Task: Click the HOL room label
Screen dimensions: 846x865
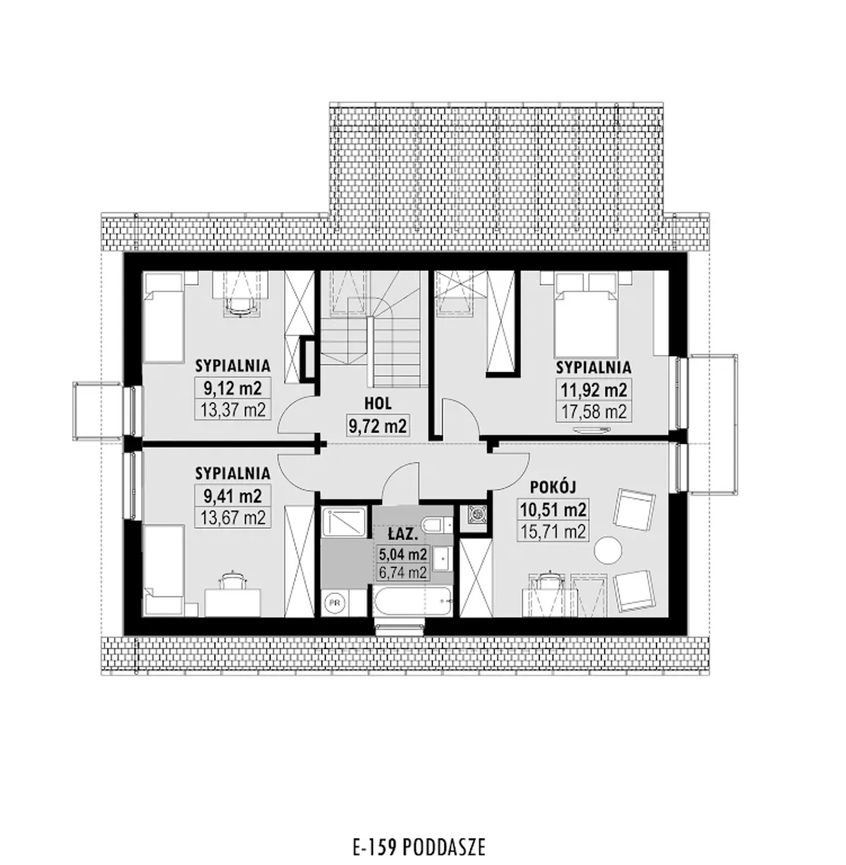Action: pyautogui.click(x=378, y=404)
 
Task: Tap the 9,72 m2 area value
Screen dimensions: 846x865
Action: pyautogui.click(x=378, y=426)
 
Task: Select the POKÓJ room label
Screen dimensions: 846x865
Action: pyautogui.click(x=553, y=487)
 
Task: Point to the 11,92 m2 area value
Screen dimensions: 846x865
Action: pyautogui.click(x=594, y=390)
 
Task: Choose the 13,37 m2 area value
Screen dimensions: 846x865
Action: pyautogui.click(x=233, y=410)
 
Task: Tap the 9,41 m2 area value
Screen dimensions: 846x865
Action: pyautogui.click(x=233, y=496)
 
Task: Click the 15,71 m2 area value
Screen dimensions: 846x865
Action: pyautogui.click(x=553, y=531)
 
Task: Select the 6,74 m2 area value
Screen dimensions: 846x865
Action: pyautogui.click(x=403, y=572)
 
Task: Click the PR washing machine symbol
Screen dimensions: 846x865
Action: pyautogui.click(x=334, y=602)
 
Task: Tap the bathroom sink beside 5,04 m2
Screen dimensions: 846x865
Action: pyautogui.click(x=442, y=559)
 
